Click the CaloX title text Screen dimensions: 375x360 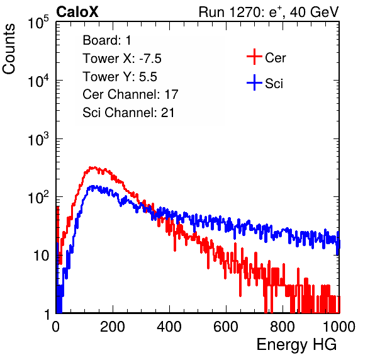click(x=77, y=12)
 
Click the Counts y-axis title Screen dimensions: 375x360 click(x=9, y=49)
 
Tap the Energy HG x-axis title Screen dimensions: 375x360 click(x=296, y=344)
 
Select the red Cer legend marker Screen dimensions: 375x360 click(x=254, y=57)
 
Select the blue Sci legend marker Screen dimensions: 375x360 click(x=254, y=83)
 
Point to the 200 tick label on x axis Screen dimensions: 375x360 click(x=113, y=326)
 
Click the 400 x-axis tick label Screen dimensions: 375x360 click(x=169, y=326)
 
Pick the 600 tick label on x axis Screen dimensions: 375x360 click(x=226, y=326)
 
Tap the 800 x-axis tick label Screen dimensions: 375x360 click(x=283, y=326)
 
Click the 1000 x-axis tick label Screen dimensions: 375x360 click(x=339, y=326)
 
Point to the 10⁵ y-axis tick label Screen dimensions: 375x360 click(x=38, y=22)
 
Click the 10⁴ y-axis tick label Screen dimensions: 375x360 click(x=38, y=81)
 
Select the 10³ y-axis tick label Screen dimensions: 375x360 click(x=38, y=138)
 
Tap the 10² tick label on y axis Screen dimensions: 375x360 click(x=38, y=197)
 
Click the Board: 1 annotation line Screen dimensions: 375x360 click(x=107, y=40)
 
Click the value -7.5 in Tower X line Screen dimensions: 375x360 click(x=150, y=59)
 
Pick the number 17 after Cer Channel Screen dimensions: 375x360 click(x=171, y=94)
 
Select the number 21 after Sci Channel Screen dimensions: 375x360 click(x=167, y=113)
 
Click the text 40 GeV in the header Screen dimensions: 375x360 click(x=314, y=12)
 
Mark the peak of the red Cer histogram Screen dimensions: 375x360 click(x=91, y=167)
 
